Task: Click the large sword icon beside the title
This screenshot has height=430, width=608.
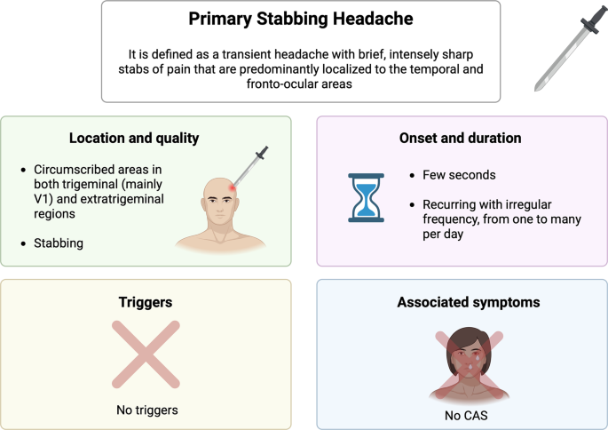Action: point(564,52)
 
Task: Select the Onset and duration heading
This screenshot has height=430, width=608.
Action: point(462,139)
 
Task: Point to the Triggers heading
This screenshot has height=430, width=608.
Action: point(146,302)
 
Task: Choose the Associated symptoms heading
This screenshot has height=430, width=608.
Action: point(462,302)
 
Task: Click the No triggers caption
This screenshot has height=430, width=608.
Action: point(146,410)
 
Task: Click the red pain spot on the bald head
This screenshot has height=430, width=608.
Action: point(233,187)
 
